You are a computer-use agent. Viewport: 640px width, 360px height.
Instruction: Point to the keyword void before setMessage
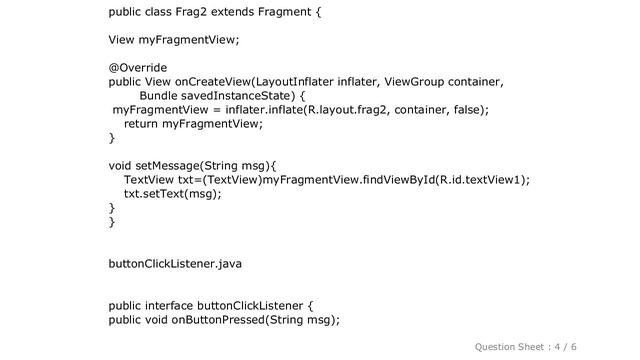point(122,166)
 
